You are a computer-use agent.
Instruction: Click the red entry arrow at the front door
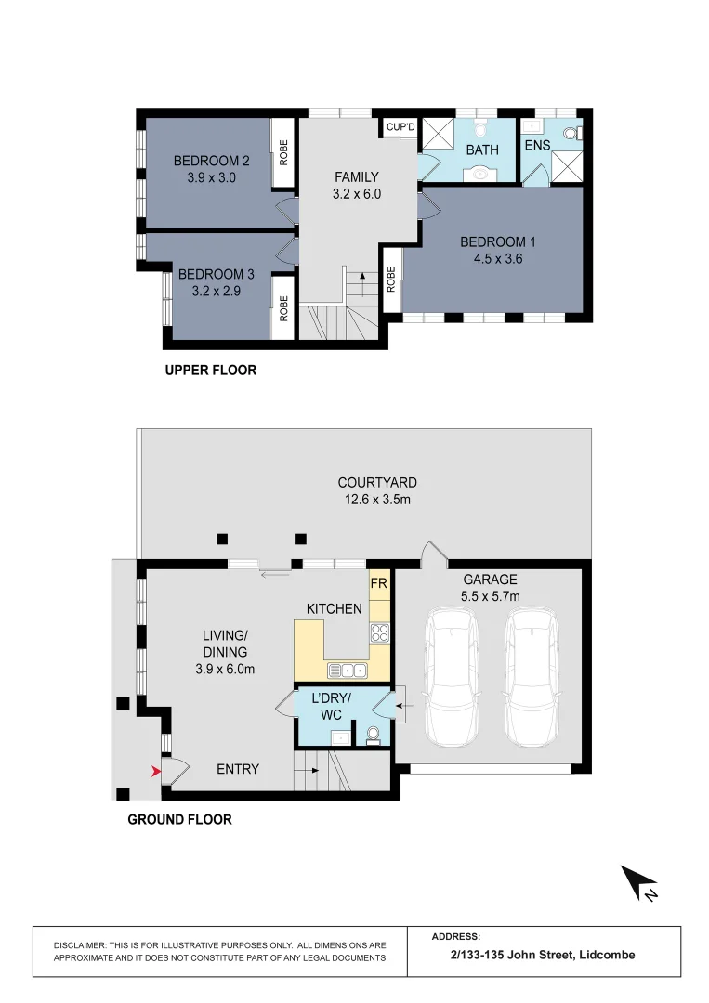(156, 770)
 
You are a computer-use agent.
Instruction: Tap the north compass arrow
(639, 883)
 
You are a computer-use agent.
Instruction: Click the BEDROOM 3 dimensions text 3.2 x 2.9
(217, 291)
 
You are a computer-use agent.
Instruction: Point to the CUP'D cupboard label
(400, 127)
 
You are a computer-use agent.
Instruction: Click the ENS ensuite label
(537, 147)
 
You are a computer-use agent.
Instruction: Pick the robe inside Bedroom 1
(391, 280)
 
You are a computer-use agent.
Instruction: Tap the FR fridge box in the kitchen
(378, 584)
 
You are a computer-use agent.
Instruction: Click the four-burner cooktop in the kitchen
(379, 634)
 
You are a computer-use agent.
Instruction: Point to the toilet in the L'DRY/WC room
(374, 736)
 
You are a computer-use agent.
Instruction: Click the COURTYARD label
(376, 482)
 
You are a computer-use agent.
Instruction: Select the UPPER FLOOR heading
(210, 370)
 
